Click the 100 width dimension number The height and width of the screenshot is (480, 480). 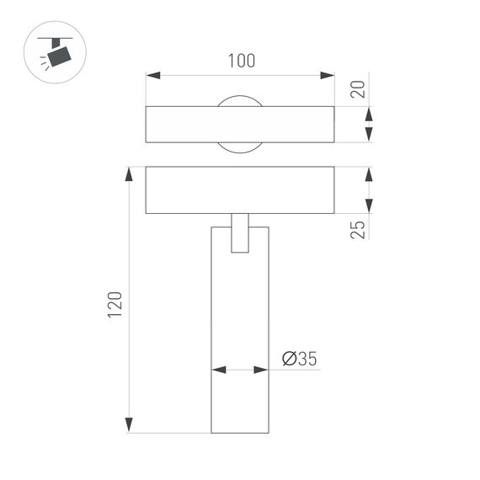(x=241, y=61)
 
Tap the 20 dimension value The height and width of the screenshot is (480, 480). (x=359, y=88)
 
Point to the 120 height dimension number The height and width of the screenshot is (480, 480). (x=115, y=305)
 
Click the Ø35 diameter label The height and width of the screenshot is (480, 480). (x=299, y=360)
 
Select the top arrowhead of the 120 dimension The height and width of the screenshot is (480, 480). (x=129, y=174)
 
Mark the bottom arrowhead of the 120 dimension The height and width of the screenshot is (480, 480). (x=129, y=425)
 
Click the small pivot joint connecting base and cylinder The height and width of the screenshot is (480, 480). (x=240, y=232)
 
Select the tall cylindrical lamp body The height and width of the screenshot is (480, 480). (x=240, y=337)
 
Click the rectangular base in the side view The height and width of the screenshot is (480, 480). (x=240, y=190)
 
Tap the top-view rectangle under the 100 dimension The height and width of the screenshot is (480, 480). (x=240, y=125)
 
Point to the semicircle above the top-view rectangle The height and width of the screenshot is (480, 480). (x=240, y=102)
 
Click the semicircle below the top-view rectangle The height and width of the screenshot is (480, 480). (x=240, y=147)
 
